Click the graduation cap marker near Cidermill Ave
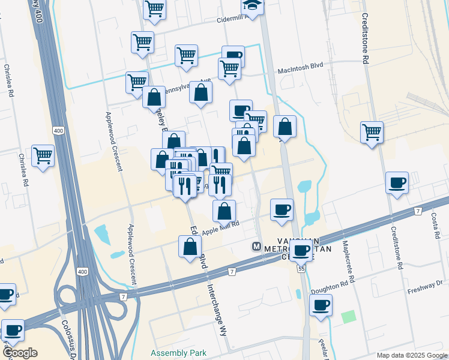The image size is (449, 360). coord(253,6)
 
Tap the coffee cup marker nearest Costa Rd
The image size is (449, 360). coord(397,183)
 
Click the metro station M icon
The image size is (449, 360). coord(256,247)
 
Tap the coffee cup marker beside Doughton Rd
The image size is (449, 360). coord(321,305)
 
